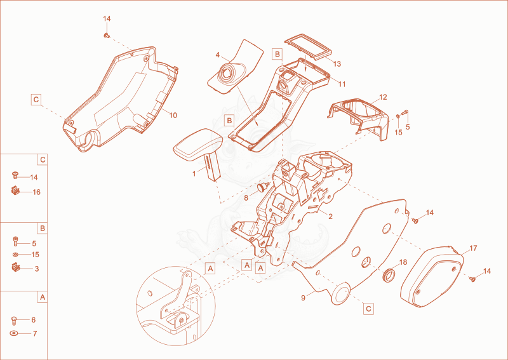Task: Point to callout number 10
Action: point(173,116)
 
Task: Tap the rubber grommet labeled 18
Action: point(389,275)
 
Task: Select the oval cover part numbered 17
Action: point(432,277)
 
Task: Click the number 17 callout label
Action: point(473,248)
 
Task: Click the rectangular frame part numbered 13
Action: point(309,47)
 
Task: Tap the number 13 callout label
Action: point(337,64)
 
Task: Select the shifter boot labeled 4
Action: point(235,67)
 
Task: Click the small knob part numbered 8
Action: point(263,187)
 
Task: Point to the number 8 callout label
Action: point(246,197)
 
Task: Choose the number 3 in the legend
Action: point(37,269)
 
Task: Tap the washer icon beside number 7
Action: point(14,333)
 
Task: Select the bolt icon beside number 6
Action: point(14,321)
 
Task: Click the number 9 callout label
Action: point(304,298)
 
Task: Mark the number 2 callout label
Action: point(330,217)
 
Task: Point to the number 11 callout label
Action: point(342,84)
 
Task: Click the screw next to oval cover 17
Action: point(472,278)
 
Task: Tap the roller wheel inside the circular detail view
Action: point(180,319)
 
